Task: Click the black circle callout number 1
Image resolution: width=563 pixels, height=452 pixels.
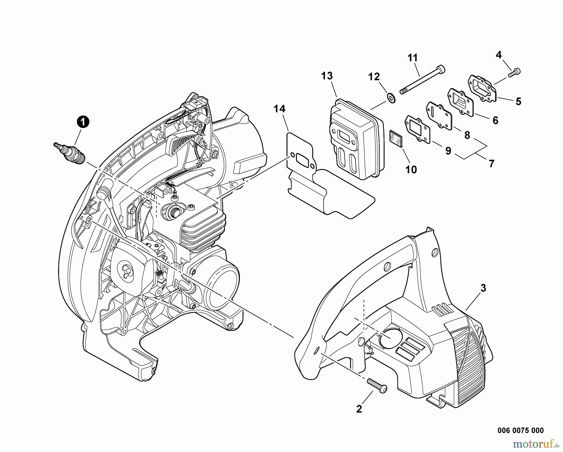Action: [x=83, y=122]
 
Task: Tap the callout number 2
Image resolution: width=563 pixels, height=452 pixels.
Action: [x=359, y=408]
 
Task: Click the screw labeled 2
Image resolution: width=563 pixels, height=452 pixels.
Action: [x=378, y=386]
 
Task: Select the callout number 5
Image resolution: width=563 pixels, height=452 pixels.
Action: [x=518, y=101]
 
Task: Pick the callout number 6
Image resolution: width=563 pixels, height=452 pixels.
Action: [x=495, y=120]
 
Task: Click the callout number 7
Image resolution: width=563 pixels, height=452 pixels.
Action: [x=491, y=163]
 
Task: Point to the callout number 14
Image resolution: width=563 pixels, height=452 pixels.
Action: [x=280, y=109]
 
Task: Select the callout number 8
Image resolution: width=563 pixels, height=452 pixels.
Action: [x=467, y=135]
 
